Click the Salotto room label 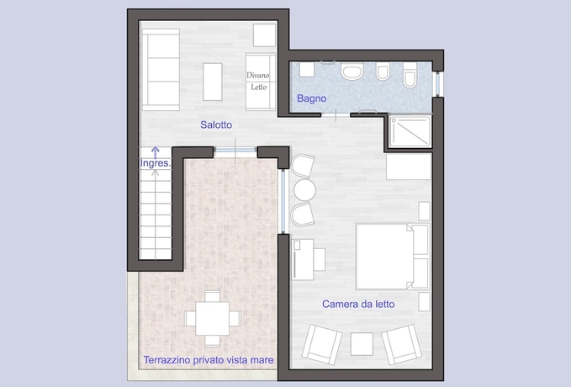[216, 125]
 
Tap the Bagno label [311, 98]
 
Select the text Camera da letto [359, 304]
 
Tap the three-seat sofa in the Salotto [161, 70]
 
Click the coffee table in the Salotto [213, 76]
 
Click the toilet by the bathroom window [410, 78]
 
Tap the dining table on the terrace [213, 319]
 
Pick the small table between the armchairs [362, 343]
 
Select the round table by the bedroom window [303, 190]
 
